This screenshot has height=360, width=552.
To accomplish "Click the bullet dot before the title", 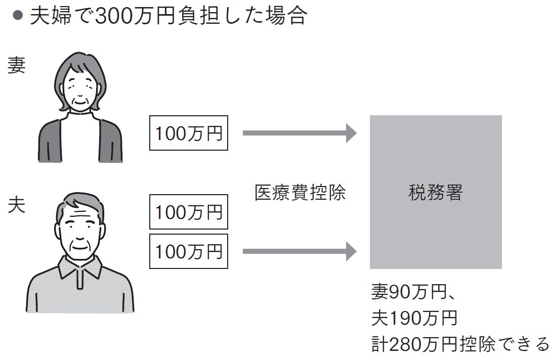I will [18, 16].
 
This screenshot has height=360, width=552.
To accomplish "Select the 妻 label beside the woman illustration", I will [16, 66].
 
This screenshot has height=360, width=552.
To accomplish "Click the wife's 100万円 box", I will [189, 133].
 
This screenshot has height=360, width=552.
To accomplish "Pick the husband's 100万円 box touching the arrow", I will [189, 251].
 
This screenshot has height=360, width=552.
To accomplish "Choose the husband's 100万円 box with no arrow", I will [189, 213].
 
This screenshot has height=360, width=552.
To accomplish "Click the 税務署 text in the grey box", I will [435, 193].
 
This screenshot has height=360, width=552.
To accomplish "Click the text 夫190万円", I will [414, 319].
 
